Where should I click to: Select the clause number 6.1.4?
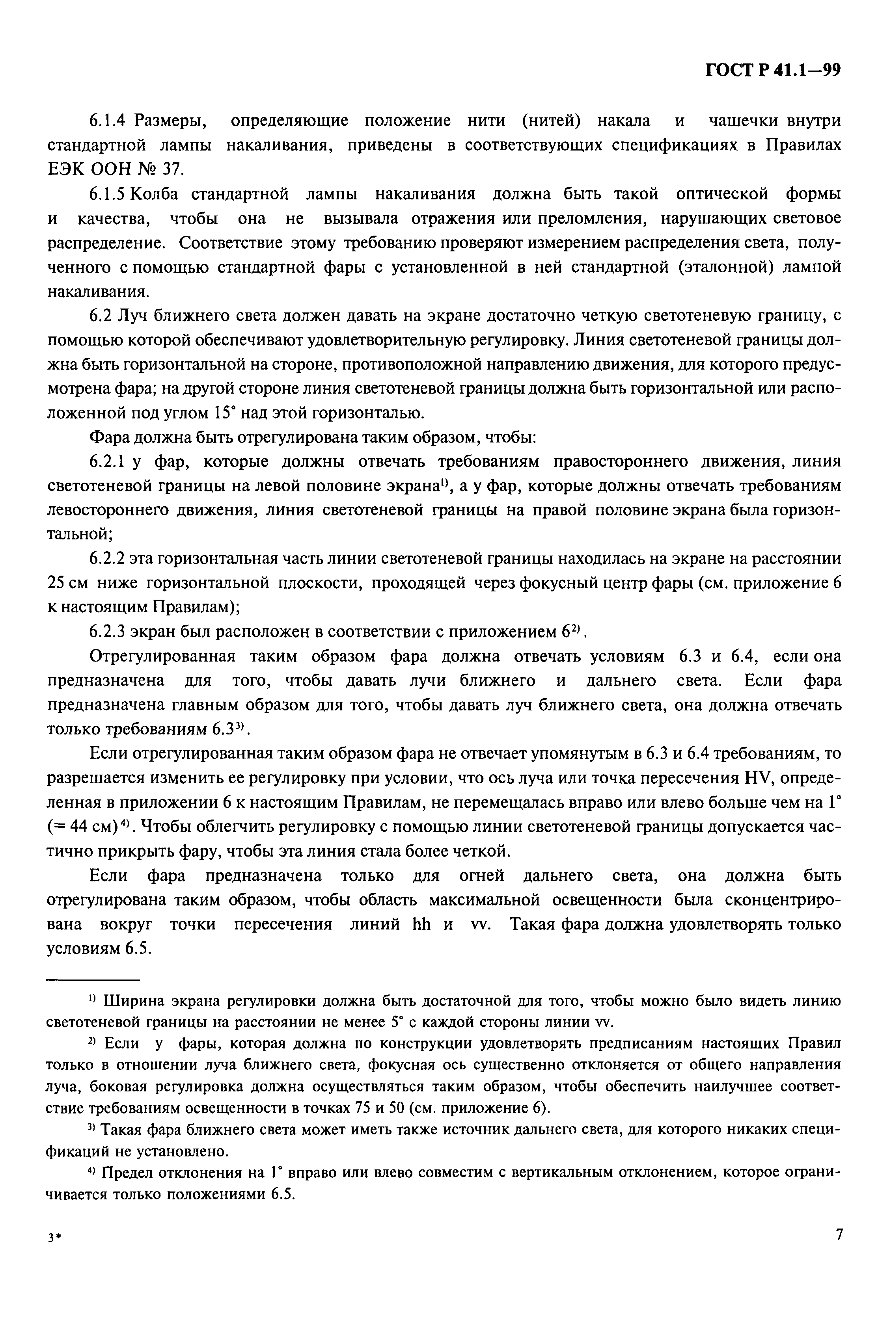coord(110,121)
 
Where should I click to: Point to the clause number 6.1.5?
coord(109,194)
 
